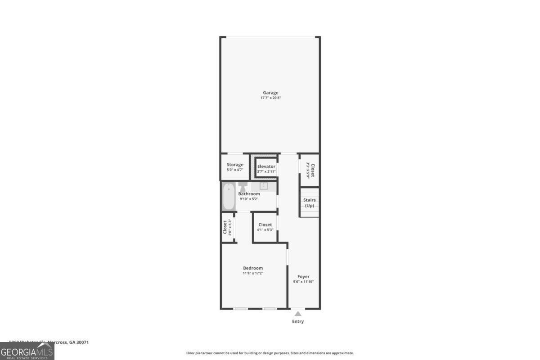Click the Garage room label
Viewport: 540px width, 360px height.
(x=270, y=93)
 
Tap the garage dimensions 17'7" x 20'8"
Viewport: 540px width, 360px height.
(x=270, y=98)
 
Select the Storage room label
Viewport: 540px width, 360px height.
(x=235, y=165)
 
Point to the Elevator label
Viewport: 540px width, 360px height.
(x=266, y=166)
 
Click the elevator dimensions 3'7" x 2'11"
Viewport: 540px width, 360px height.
(x=266, y=171)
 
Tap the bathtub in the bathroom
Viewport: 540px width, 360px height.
(x=229, y=197)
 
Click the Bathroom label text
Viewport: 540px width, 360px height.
(x=249, y=194)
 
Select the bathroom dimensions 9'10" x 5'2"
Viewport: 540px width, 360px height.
(x=249, y=199)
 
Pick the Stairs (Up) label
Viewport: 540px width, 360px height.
(x=310, y=202)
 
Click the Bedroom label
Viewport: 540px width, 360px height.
(x=252, y=268)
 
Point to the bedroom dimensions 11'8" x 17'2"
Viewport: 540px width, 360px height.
(x=252, y=273)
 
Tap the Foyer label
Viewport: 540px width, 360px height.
(x=303, y=277)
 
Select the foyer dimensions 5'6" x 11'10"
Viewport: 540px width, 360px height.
(x=303, y=282)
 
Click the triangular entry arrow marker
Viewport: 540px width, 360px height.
(x=298, y=314)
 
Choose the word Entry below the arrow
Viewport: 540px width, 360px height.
(x=298, y=321)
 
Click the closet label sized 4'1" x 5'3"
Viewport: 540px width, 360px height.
(x=265, y=225)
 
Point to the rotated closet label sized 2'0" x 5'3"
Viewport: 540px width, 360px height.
(x=225, y=227)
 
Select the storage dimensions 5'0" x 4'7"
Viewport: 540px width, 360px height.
(x=235, y=170)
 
